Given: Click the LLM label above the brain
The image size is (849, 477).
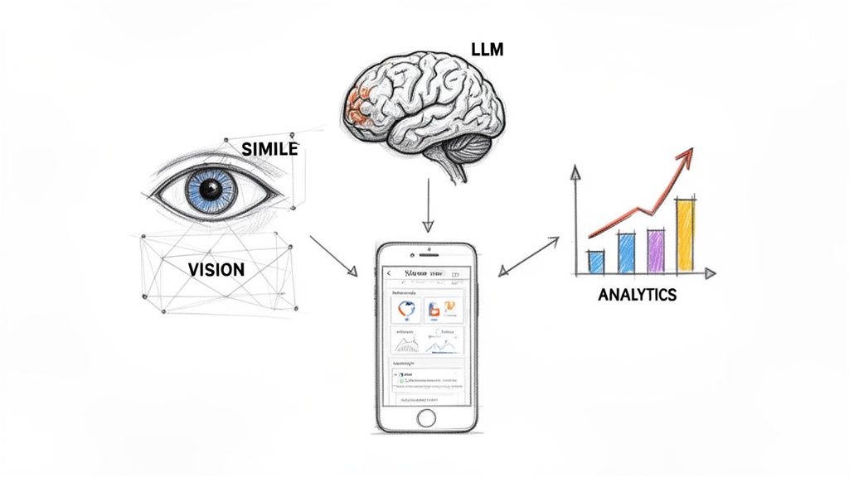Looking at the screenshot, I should point(487,51).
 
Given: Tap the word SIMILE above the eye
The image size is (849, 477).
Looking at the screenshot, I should point(269,149).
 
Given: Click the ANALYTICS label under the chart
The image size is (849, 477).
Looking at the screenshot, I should point(637,294).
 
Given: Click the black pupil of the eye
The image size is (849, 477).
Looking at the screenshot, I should point(212,190).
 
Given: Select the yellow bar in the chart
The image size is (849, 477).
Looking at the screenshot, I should point(686,236).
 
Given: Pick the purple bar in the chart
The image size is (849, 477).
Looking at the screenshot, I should point(656,252).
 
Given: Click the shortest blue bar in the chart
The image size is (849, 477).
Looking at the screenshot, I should point(596,262).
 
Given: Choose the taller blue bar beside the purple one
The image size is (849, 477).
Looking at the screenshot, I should point(627,253).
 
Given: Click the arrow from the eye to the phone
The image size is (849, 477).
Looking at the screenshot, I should point(333,256).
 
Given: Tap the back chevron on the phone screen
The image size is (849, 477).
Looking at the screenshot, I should point(390,273).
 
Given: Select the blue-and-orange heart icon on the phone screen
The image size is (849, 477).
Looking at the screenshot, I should point(406,311).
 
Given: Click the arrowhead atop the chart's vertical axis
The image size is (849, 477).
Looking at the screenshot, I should point(575,171).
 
